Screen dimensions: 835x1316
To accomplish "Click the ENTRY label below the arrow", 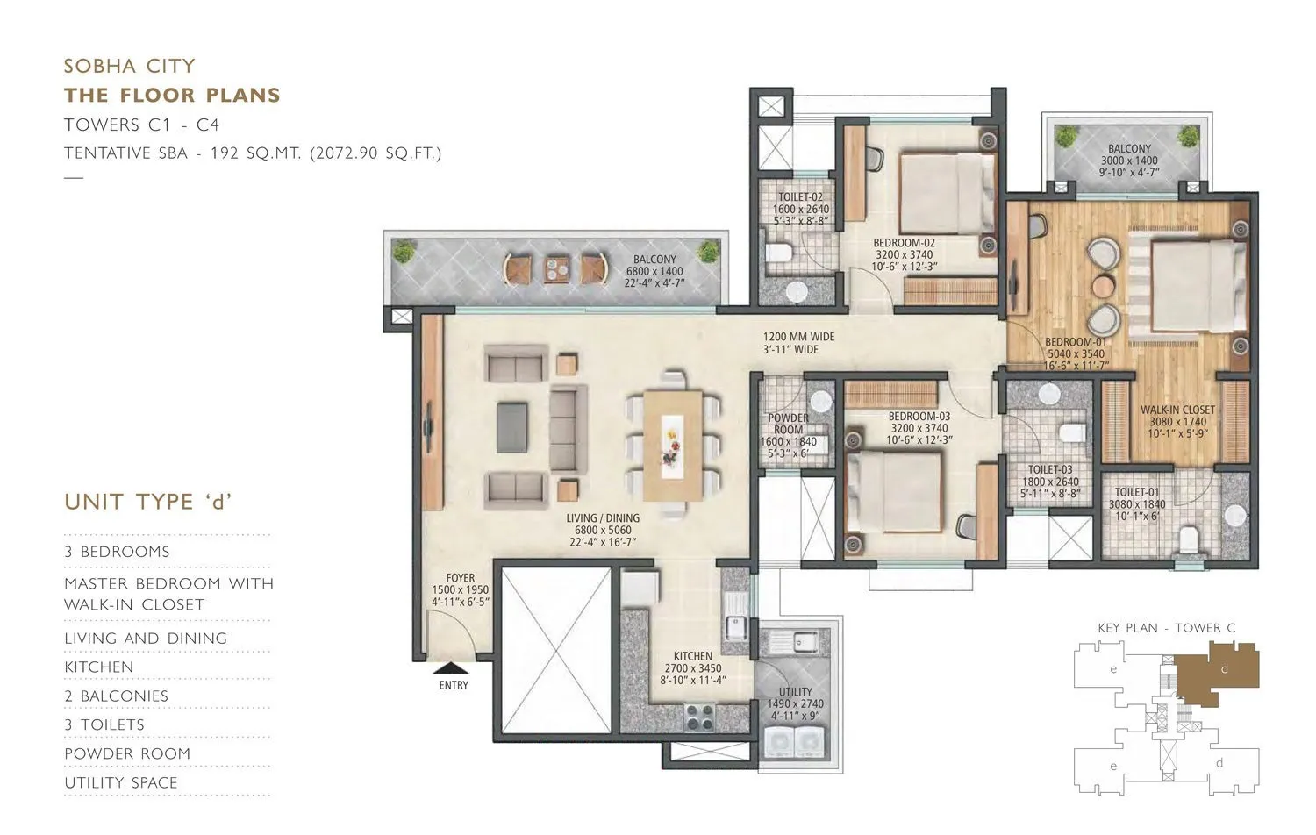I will [454, 685].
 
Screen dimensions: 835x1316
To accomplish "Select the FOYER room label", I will [460, 578].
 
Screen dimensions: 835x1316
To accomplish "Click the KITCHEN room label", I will [692, 656].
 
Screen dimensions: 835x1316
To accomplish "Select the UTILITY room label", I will [795, 692].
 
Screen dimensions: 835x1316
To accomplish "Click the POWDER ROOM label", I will [788, 424].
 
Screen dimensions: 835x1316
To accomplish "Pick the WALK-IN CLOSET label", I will [1177, 410].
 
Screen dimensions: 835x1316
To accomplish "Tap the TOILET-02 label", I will [800, 198].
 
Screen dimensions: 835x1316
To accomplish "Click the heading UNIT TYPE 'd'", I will [147, 502].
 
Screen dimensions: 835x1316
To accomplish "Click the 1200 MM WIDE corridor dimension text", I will [798, 337].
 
